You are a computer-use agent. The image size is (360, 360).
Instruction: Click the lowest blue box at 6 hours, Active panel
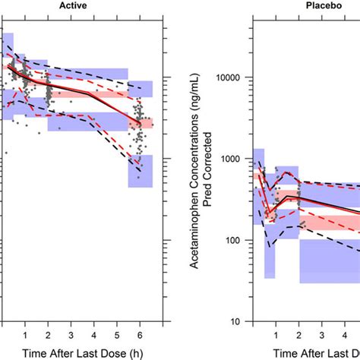(140, 171)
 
